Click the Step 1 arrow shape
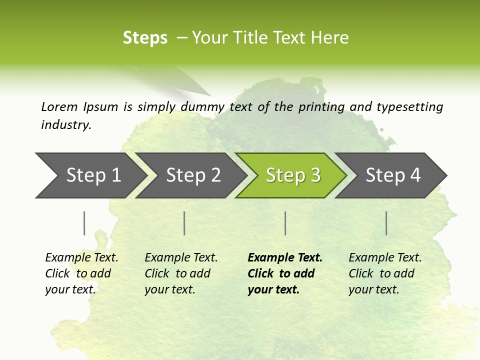[x=90, y=175]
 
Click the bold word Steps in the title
[x=145, y=38]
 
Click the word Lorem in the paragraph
[x=59, y=106]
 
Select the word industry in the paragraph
[x=66, y=124]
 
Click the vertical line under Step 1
[x=84, y=223]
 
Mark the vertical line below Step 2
[x=184, y=223]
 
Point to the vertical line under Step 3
[x=285, y=223]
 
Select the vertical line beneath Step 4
[x=386, y=223]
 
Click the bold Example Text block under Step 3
[x=285, y=273]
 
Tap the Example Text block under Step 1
[x=81, y=273]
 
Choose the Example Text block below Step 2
[x=181, y=273]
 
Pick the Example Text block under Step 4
[x=385, y=273]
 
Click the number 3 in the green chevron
[x=315, y=175]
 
